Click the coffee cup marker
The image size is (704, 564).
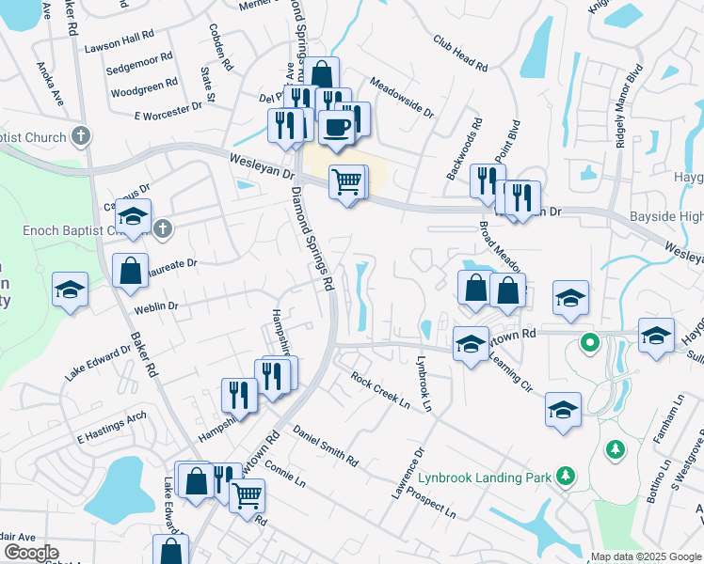[x=336, y=127]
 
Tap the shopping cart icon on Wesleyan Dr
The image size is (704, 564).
[x=346, y=180]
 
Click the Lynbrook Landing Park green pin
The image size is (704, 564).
[x=565, y=477]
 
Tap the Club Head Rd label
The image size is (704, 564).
[x=460, y=54]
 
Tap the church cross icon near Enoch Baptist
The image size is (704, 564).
[x=163, y=228]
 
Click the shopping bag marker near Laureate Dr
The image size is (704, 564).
[x=130, y=271]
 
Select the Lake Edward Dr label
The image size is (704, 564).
[x=98, y=362]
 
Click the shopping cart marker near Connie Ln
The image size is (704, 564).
[x=247, y=493]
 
